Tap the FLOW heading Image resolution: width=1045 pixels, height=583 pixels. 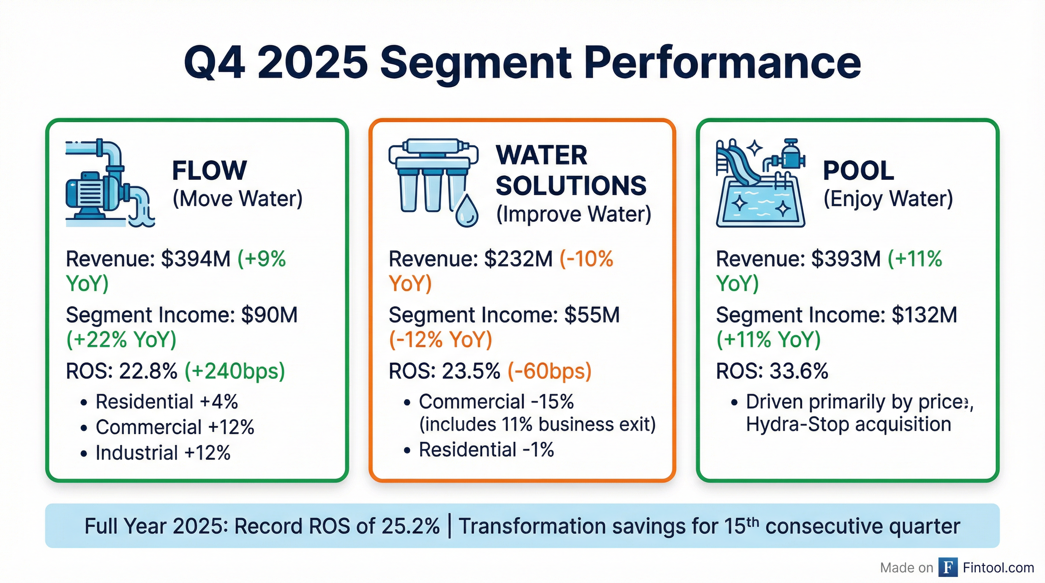point(209,170)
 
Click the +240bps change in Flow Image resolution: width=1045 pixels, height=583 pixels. point(235,371)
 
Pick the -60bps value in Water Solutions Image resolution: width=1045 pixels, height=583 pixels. point(550,371)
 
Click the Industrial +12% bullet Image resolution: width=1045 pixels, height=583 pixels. point(162,453)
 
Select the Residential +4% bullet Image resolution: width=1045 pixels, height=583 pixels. point(166,402)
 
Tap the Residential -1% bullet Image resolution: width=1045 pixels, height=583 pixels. point(486,450)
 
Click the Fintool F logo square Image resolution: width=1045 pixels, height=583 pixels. point(948,567)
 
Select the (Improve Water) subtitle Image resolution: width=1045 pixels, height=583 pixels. point(574,214)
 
